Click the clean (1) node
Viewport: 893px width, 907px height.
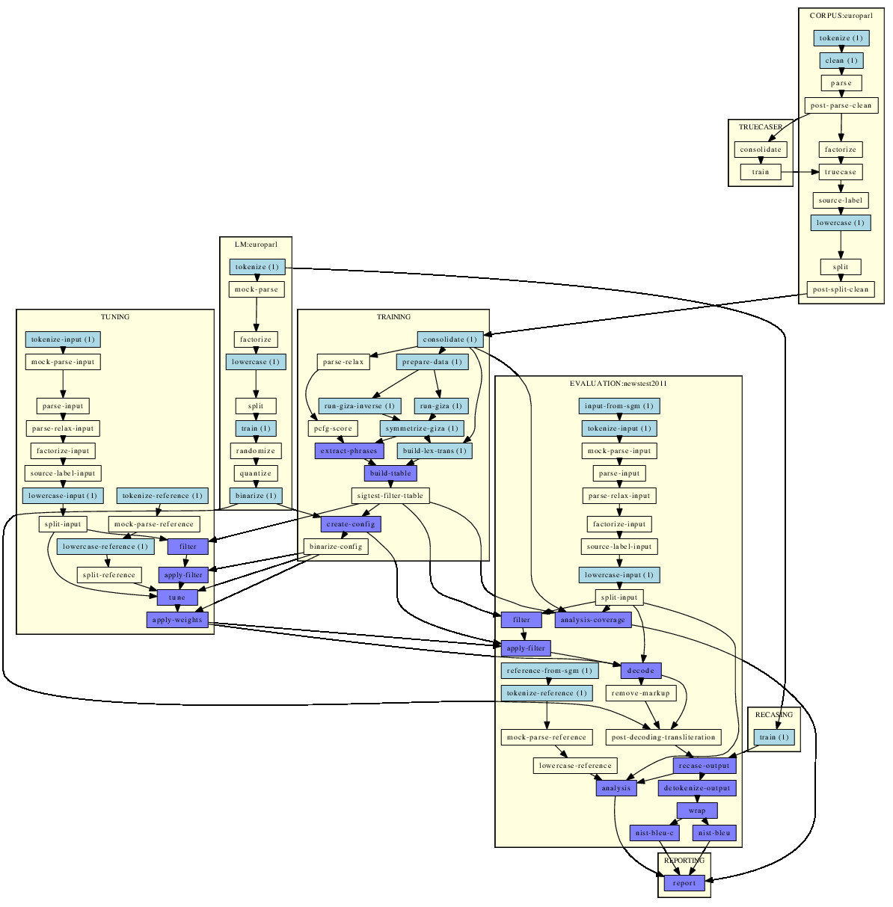tap(841, 61)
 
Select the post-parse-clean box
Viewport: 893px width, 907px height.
tap(841, 105)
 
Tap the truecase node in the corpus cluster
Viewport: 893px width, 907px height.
tap(841, 172)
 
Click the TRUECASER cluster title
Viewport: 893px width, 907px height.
tap(760, 127)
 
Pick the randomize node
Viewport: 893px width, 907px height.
tap(256, 451)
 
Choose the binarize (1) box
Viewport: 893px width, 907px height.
tap(256, 496)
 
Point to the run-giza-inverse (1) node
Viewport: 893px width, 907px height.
tap(360, 406)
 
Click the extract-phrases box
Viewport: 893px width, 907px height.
tap(349, 451)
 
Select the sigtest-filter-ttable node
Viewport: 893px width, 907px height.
tap(390, 496)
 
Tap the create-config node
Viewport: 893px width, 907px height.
tap(351, 524)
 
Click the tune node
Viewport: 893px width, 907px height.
tap(177, 597)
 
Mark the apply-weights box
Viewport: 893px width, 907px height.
tap(177, 620)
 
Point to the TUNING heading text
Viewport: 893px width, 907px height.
tap(115, 317)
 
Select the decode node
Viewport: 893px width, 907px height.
tap(641, 670)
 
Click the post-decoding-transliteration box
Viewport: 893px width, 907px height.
tap(663, 737)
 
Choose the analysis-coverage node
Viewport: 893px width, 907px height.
tap(593, 620)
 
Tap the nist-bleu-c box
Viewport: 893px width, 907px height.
tap(654, 833)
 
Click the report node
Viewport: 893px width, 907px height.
tap(684, 883)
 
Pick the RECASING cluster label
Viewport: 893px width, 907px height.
tap(774, 715)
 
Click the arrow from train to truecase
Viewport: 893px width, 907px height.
tap(800, 172)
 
